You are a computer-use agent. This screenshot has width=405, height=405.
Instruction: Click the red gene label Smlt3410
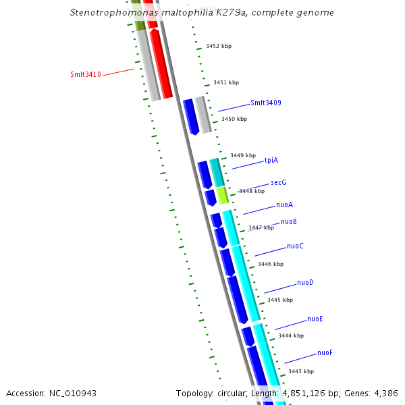click(86, 74)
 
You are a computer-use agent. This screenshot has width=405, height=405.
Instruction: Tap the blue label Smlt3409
click(265, 103)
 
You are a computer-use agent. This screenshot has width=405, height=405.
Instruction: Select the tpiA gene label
click(271, 160)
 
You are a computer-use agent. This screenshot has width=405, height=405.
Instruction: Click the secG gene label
click(278, 182)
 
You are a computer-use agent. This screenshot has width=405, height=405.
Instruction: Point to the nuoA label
click(284, 205)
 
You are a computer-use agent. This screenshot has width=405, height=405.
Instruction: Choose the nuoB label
click(289, 221)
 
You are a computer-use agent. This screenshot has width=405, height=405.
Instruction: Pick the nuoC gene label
click(295, 246)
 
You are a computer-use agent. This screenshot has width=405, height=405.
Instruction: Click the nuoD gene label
click(305, 283)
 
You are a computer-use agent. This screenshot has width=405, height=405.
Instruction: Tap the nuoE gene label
click(315, 319)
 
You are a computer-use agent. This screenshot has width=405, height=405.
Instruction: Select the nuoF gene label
click(325, 352)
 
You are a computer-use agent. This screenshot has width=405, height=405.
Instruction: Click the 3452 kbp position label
click(219, 47)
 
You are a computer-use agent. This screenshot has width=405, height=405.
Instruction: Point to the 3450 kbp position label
click(234, 119)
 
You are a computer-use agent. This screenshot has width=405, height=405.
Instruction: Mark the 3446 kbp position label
click(270, 264)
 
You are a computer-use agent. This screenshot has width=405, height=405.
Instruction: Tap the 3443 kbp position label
click(301, 371)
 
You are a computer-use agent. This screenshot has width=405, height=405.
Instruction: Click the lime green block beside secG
click(222, 194)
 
